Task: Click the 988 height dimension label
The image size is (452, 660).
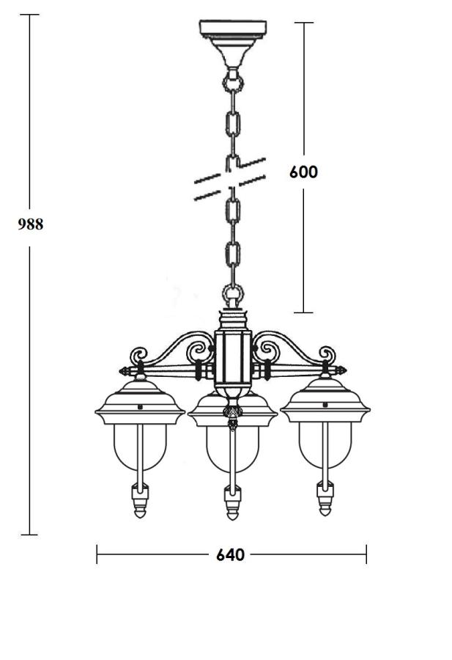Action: pos(30,224)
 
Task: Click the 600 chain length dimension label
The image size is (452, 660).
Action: pos(303,172)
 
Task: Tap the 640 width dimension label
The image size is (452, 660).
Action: pos(231,555)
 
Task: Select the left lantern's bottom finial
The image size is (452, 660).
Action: pos(140,501)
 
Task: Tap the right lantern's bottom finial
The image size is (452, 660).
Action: pos(325,499)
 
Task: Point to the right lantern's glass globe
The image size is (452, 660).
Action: pos(325,445)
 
